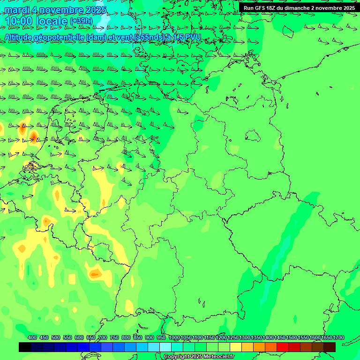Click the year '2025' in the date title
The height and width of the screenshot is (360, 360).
coord(94,10)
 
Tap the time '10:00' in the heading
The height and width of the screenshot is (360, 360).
coord(19,21)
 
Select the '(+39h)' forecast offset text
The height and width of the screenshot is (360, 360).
coord(81,21)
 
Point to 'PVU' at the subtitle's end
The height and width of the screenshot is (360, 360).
coord(193,37)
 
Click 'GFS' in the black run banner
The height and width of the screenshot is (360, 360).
coord(261,8)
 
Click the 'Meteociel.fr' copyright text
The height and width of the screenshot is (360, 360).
coord(216,357)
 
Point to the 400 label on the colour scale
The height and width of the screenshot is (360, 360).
coord(32,337)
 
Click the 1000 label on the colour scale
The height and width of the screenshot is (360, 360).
coord(174,337)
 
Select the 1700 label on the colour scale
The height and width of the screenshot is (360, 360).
coord(338,337)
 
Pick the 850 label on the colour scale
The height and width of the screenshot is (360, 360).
coord(138,337)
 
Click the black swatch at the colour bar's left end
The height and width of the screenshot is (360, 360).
coord(25,347)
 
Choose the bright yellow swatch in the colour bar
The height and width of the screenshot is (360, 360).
coord(236,347)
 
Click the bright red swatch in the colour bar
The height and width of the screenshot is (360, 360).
coord(283,347)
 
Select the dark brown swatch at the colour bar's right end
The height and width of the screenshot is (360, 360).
coord(330,347)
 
